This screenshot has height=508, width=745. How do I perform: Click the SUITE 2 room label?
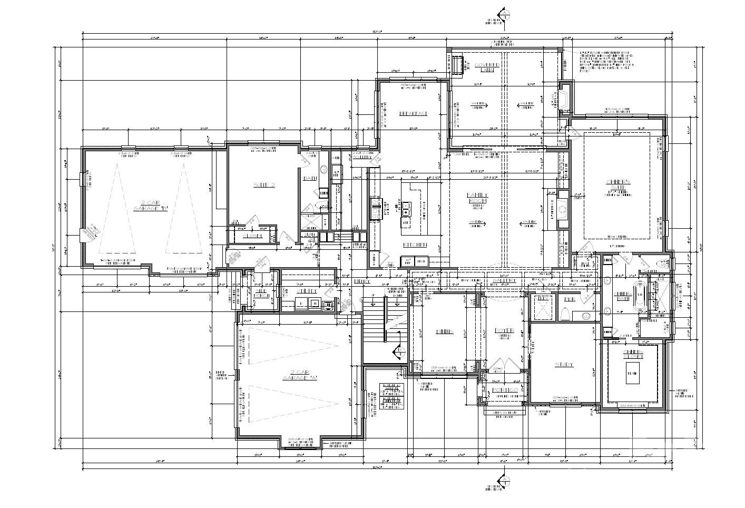[x=264, y=185]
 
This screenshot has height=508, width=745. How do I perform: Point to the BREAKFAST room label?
[x=413, y=113]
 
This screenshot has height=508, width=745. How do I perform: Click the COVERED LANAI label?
[x=486, y=67]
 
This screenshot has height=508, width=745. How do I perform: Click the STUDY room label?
[x=564, y=365]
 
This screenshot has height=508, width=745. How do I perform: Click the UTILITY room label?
[x=306, y=290]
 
